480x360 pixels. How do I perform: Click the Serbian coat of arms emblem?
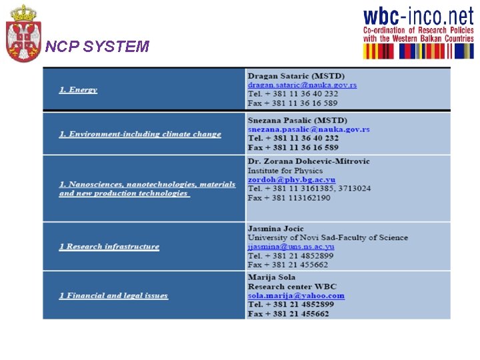coord(23,33)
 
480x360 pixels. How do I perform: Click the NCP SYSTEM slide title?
coord(97,47)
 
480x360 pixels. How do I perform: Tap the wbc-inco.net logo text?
coord(417,17)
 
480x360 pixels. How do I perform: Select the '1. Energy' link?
coord(78,90)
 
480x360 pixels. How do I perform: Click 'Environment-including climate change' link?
coord(140,134)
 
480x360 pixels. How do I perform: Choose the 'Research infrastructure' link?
coord(109,247)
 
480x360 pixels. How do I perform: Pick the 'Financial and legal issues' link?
coord(113,295)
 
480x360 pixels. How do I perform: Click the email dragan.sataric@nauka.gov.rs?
coord(302,85)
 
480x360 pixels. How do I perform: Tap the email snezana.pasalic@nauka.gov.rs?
coord(309,129)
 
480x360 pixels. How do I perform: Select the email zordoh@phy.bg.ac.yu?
coord(291,180)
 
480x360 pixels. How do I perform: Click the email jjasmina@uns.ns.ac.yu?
coord(291,247)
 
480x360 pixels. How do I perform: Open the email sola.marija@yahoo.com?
coord(296,295)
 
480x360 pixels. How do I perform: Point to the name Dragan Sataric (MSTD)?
coord(296,76)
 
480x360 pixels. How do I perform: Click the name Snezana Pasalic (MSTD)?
coord(297,120)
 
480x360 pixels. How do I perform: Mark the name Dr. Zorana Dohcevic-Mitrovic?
coord(309,161)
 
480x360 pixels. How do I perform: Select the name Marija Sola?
coord(271,277)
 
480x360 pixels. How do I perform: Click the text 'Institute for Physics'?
coord(285,171)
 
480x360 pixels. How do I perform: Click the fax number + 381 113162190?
coord(289,198)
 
